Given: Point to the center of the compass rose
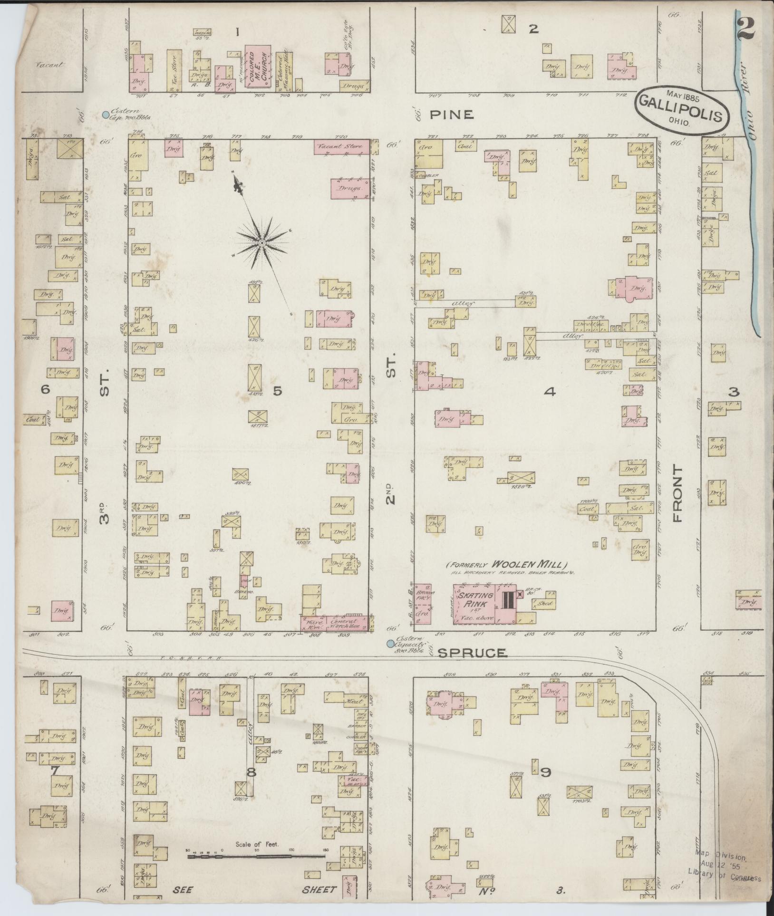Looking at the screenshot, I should (261, 243).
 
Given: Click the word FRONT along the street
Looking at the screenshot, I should (678, 494).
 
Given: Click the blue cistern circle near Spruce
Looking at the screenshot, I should (390, 644).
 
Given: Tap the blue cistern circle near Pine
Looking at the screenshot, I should (106, 114).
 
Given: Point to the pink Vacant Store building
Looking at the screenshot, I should (341, 147).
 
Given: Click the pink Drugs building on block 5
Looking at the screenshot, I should (350, 188).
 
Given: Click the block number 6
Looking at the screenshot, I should (45, 390).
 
